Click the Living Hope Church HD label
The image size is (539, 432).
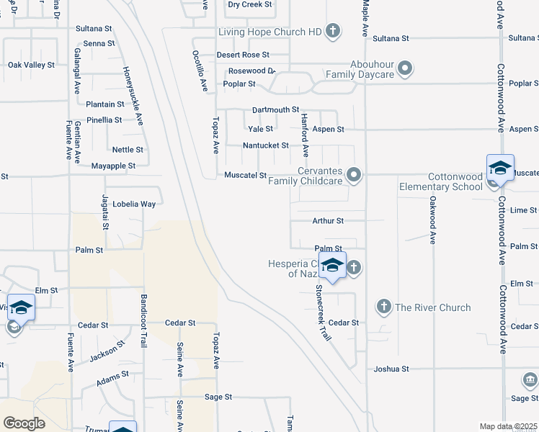pos(269,31)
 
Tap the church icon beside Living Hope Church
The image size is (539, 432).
pos(332,30)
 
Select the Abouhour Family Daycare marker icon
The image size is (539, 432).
pos(405,69)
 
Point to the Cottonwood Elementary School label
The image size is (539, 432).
pos(441,181)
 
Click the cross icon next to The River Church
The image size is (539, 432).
pos(383,307)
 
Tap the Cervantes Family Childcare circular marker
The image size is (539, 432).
pos(354,175)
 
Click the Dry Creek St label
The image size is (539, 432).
pos(249,4)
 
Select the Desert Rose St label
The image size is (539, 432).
pos(243,55)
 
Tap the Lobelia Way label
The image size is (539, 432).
pos(138,204)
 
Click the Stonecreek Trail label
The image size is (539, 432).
pos(322,312)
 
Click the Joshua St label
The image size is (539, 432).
pos(391,369)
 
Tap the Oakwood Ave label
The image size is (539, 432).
pos(432,220)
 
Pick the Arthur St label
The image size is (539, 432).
pos(328,221)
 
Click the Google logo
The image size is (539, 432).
pos(24,423)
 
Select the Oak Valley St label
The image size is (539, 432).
pos(31,65)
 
